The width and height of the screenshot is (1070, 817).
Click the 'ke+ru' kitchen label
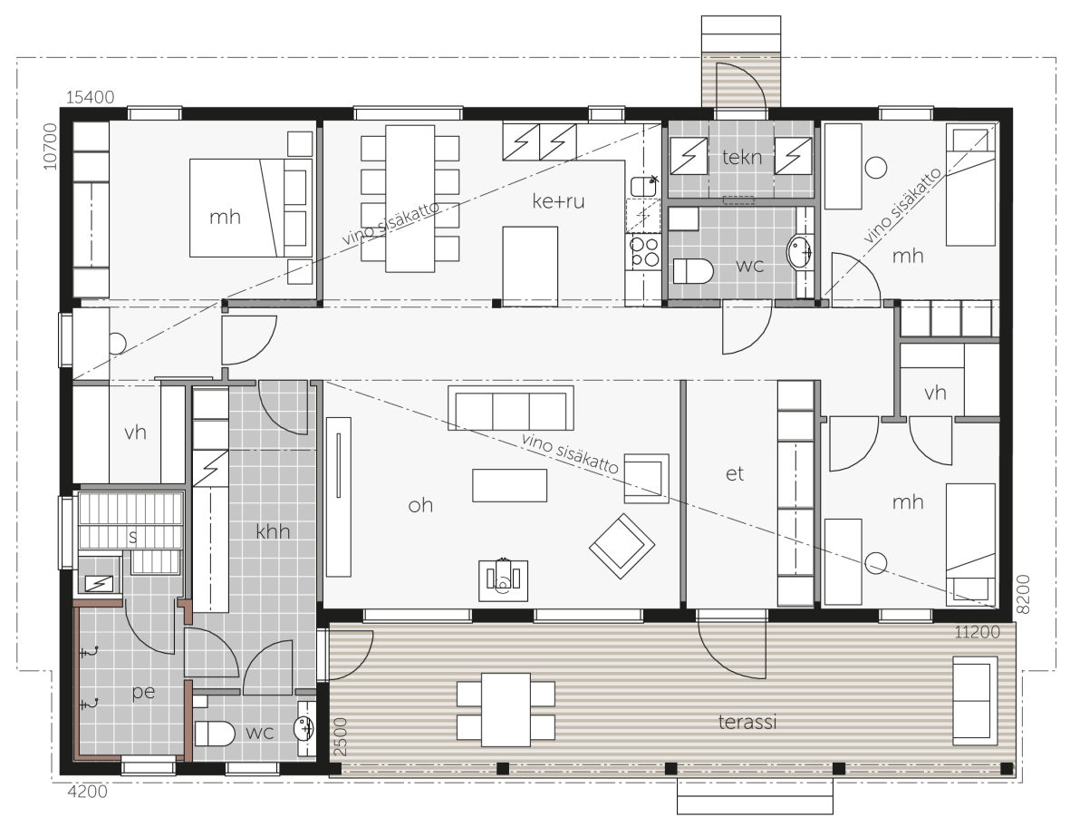coord(558,201)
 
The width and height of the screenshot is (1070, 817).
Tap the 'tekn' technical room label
coord(742,158)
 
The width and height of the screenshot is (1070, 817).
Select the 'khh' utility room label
coord(273,530)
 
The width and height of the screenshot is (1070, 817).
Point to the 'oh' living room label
coord(420,505)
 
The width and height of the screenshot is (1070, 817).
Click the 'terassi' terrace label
coord(747,722)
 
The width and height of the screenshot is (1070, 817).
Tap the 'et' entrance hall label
coord(734,473)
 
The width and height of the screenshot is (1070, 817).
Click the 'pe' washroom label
coord(143,692)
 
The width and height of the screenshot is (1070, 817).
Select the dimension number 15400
coord(90,98)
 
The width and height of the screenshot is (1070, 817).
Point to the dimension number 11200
coord(978,632)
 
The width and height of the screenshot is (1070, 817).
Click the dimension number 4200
coord(88,792)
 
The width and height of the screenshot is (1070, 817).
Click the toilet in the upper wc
coord(692,271)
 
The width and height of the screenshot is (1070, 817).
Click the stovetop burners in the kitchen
coord(644,251)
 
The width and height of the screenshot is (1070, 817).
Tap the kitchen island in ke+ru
coord(530,266)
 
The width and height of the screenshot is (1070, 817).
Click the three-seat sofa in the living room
coord(510,408)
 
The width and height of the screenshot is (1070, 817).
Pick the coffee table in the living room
coord(510,486)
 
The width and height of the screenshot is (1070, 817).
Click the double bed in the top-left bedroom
coord(250,208)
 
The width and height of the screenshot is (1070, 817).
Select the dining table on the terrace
coord(506,710)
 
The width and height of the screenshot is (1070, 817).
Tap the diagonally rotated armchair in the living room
coord(622,546)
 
